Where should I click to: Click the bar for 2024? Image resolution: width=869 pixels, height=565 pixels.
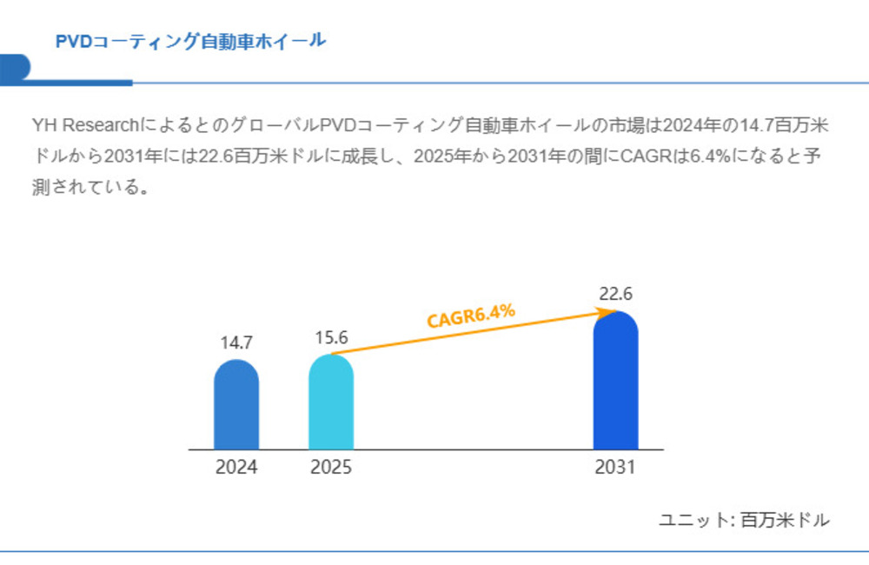236,406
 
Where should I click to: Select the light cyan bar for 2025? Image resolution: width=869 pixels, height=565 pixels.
331,403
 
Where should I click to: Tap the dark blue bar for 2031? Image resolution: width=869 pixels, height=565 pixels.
615,382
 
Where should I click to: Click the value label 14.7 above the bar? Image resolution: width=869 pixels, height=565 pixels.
235,342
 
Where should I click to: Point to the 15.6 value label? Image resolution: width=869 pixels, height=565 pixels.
331,338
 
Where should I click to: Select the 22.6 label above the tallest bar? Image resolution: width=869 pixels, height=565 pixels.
615,294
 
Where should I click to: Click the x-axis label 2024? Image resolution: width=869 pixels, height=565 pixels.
236,468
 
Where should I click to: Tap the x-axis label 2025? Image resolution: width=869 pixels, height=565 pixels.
331,468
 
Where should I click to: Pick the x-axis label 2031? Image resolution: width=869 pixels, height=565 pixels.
615,468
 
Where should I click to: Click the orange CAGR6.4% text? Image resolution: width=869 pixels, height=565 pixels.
472,315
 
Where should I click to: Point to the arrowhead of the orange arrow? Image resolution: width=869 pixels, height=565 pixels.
614,311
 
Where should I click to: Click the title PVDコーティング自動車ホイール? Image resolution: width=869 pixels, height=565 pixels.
190,41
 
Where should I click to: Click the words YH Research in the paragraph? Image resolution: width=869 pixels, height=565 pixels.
79,125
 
